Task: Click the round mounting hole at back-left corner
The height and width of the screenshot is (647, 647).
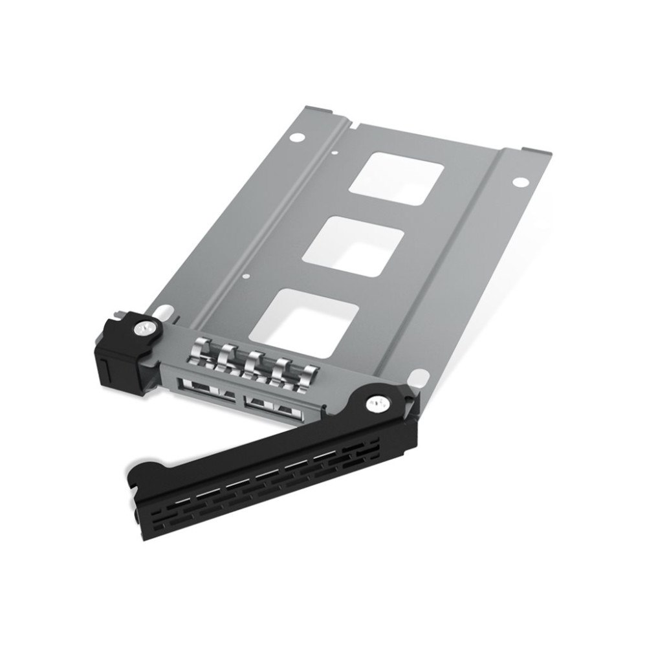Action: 296,138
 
